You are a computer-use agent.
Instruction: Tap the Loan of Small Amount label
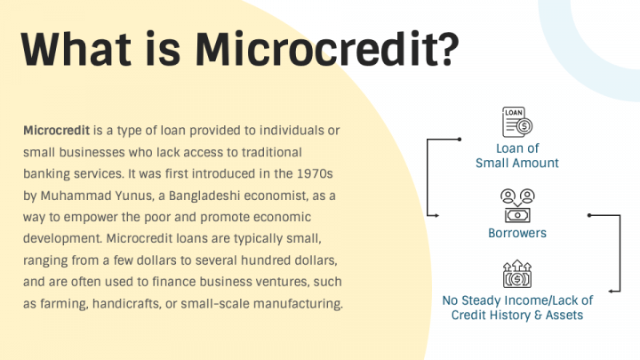point(516,156)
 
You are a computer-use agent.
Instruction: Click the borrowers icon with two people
point(516,204)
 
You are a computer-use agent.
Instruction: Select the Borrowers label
point(516,233)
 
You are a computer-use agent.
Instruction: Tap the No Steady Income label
point(517,308)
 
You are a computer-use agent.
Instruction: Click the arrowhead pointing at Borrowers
point(436,214)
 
